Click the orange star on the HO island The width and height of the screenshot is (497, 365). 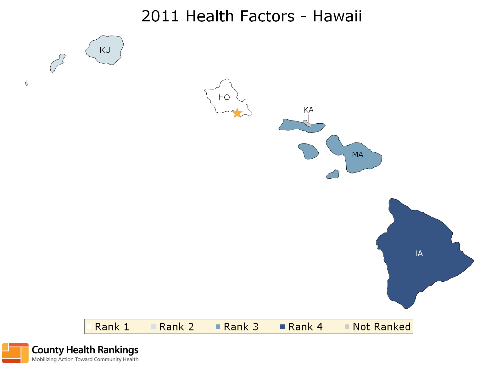[237, 113]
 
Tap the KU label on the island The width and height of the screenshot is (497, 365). [105, 50]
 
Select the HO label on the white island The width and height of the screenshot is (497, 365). [224, 98]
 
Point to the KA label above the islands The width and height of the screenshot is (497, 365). [308, 110]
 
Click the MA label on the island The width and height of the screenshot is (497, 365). [357, 154]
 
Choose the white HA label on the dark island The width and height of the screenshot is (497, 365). [417, 253]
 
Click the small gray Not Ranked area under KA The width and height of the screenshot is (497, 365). [307, 124]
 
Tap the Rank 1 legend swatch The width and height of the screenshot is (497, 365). [89, 327]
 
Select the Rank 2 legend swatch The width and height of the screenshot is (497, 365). [153, 327]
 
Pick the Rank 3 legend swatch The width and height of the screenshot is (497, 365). [218, 327]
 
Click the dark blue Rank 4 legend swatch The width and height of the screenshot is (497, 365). [282, 327]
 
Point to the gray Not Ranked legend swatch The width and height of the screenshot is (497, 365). [347, 327]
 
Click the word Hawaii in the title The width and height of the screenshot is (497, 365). [337, 16]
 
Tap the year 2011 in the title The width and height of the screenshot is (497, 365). [160, 16]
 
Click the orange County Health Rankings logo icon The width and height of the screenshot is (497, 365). [15, 353]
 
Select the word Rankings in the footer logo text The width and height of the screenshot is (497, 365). [118, 350]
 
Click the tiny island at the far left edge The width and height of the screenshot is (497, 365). [26, 83]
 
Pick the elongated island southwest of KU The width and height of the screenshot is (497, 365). [58, 63]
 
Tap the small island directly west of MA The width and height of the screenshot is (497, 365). [308, 151]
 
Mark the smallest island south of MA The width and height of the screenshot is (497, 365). [333, 174]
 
